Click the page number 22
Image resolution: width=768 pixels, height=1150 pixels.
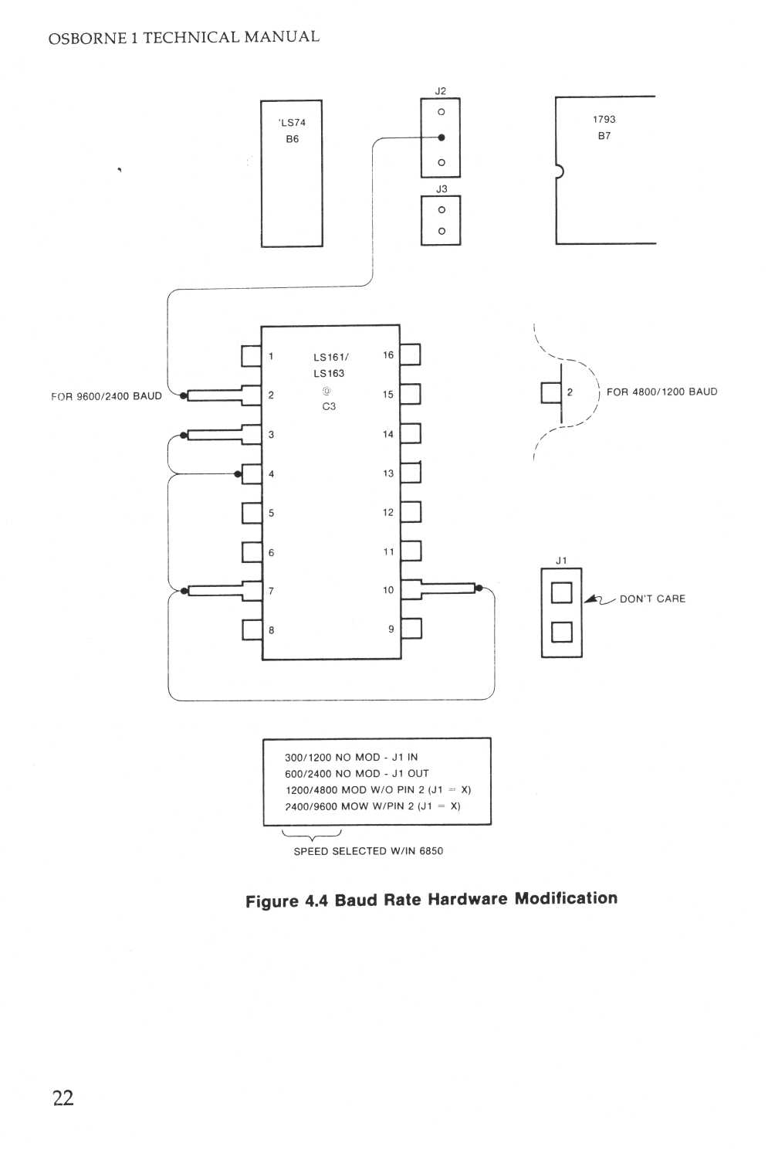63,1097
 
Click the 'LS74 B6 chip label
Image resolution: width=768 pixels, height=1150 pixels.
292,131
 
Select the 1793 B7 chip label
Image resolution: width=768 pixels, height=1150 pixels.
604,127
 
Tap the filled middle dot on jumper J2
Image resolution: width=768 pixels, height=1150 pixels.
442,137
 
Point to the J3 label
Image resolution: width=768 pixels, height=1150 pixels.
441,188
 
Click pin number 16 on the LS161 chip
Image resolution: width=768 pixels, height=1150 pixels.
388,355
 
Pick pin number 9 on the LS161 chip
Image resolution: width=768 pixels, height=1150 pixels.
391,629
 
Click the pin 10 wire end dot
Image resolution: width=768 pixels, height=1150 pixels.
479,589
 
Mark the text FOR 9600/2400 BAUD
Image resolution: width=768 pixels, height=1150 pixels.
107,396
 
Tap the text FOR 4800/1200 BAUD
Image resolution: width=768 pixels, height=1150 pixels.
661,392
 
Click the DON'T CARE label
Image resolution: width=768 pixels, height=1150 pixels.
652,599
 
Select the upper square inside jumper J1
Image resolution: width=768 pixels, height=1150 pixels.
561,592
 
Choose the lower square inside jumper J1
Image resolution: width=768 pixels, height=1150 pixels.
561,632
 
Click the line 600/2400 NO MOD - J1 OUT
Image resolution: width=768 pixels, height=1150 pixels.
357,773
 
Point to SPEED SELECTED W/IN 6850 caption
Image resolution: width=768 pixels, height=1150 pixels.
368,851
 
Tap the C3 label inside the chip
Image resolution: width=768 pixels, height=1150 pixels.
329,406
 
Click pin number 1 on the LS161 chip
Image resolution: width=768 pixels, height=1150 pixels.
271,356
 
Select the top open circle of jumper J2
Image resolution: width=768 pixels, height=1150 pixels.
442,112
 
